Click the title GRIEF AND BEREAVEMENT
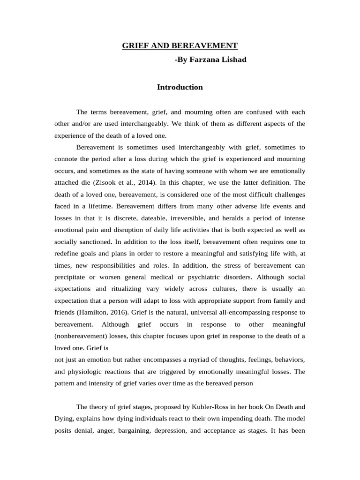pos(180,45)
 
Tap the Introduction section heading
pos(180,87)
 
